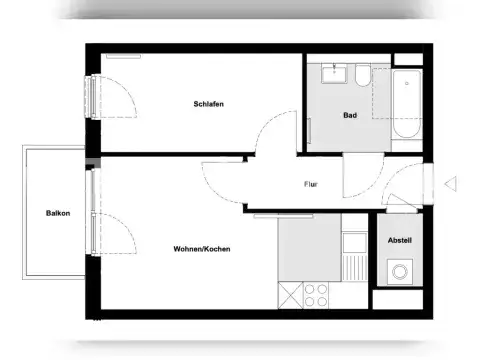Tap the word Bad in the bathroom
pos(350,115)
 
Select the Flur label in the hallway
pos(311,184)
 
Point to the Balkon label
pos(56,213)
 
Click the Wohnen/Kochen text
pos(202,249)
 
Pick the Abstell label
pos(400,241)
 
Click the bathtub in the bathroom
pos(409,104)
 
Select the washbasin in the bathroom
pos(333,75)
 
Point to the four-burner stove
pos(316,295)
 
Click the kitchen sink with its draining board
pos(353,257)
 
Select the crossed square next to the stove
pos(288,296)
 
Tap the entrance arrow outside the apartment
pos(450,183)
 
